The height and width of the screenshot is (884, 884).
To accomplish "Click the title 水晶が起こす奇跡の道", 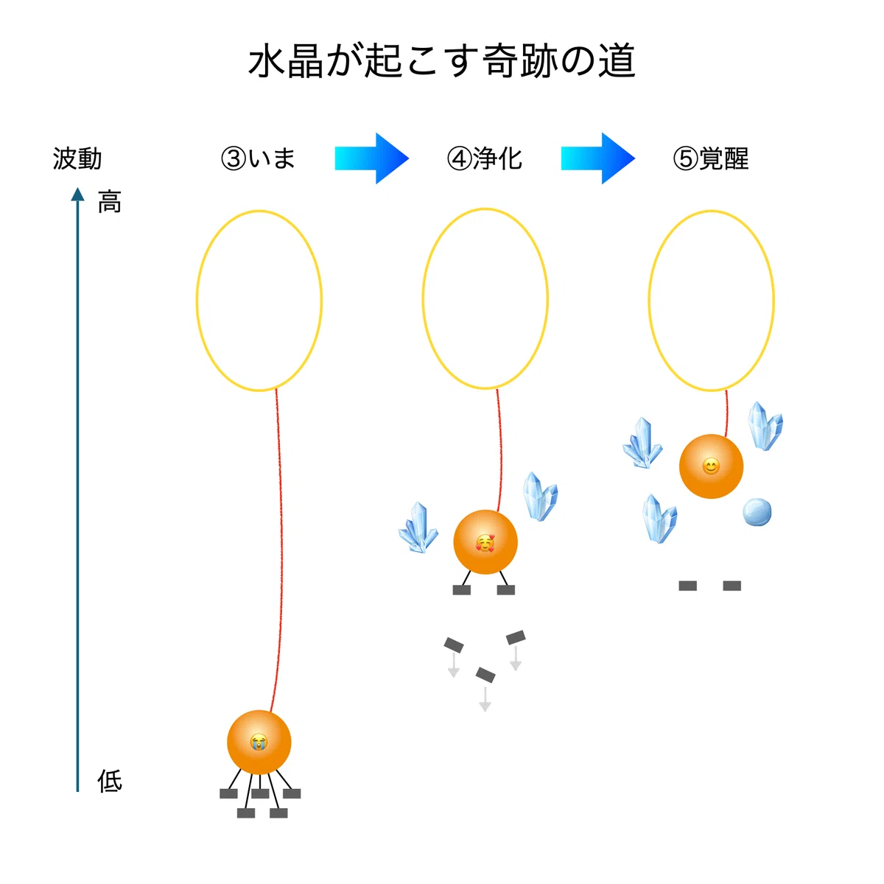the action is pyautogui.click(x=441, y=61).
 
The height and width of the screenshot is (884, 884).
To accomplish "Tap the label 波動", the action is pyautogui.click(x=77, y=158).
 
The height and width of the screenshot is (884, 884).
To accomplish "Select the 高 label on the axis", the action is pyautogui.click(x=110, y=202).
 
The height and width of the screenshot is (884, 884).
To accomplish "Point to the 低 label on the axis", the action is pyautogui.click(x=110, y=782).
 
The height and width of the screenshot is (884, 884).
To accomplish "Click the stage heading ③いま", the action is pyautogui.click(x=258, y=158).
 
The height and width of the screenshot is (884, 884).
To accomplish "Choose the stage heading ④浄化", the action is pyautogui.click(x=485, y=158).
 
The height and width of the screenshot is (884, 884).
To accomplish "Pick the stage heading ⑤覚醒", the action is pyautogui.click(x=711, y=158).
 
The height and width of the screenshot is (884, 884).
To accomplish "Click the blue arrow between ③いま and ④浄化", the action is pyautogui.click(x=371, y=158).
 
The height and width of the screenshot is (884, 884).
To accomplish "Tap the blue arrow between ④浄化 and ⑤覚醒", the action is pyautogui.click(x=597, y=158).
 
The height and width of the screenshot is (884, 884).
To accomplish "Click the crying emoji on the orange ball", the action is pyautogui.click(x=259, y=742).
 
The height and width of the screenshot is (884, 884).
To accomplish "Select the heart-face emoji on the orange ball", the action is pyautogui.click(x=485, y=543).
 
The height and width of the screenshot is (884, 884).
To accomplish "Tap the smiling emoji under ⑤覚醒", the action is pyautogui.click(x=711, y=466).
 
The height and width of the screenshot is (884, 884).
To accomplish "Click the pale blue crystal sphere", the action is pyautogui.click(x=757, y=511).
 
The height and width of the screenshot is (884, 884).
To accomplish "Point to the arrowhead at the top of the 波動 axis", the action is pyautogui.click(x=77, y=194).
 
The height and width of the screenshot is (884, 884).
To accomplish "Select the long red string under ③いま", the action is pyautogui.click(x=279, y=550).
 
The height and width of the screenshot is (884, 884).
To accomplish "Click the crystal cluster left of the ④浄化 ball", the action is pyautogui.click(x=418, y=527).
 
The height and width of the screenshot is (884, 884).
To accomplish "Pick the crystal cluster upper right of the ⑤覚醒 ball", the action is pyautogui.click(x=765, y=427).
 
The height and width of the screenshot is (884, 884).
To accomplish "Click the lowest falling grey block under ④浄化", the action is pyautogui.click(x=485, y=675).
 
